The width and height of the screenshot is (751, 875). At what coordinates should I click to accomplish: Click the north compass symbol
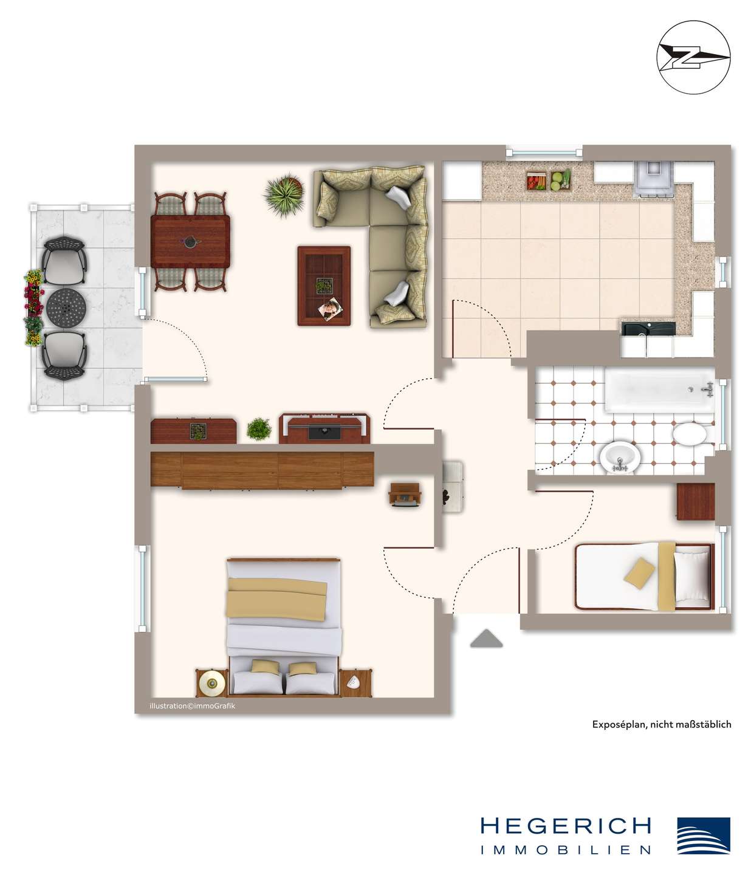[x=693, y=57]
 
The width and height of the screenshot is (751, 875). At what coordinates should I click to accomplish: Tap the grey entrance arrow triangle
[x=487, y=639]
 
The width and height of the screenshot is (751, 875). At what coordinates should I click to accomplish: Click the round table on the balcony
[x=66, y=307]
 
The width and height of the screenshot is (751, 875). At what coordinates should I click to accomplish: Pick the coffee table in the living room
[x=324, y=286]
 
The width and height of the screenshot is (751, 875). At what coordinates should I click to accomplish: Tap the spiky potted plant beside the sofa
[x=284, y=194]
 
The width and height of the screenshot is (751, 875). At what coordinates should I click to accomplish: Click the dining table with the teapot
[x=191, y=241]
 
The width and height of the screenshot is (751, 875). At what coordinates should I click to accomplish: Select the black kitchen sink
[x=648, y=329]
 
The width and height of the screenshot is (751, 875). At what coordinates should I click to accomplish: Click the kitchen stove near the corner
[x=653, y=179]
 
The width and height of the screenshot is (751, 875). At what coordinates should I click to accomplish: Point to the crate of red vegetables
[x=537, y=180]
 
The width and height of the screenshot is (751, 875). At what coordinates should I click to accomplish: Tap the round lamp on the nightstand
[x=213, y=682]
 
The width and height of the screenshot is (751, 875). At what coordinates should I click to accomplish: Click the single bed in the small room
[x=644, y=577]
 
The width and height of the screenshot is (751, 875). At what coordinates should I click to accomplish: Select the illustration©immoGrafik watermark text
[x=192, y=706]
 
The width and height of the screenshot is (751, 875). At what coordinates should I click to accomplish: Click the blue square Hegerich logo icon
[x=704, y=835]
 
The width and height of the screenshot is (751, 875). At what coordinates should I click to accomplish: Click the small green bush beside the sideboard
[x=259, y=429]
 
